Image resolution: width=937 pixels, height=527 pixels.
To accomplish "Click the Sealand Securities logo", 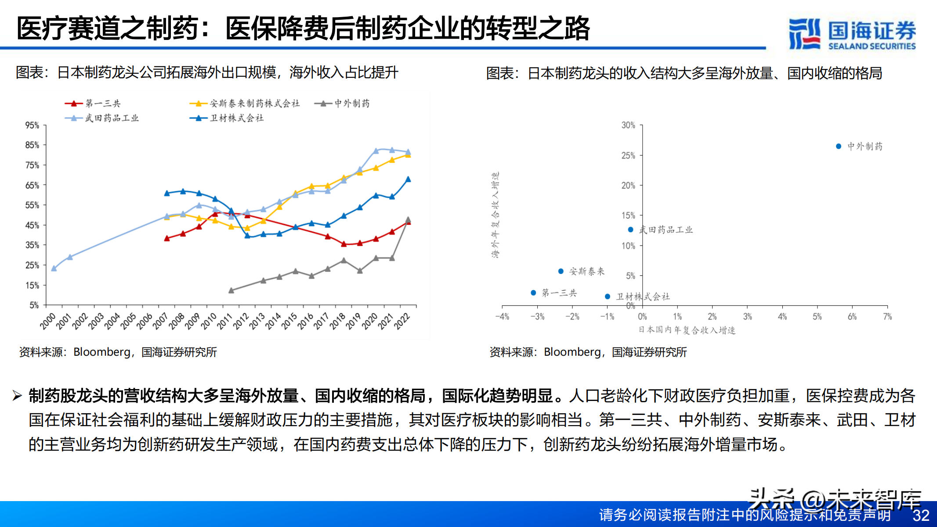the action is click(852, 33).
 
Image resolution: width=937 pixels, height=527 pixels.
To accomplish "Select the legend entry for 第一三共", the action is click(93, 104).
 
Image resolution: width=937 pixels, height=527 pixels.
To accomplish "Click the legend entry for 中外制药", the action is click(342, 104).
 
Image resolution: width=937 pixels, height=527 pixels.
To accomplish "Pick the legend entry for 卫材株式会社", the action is click(227, 118).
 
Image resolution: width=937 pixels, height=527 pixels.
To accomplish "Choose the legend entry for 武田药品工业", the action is click(102, 118).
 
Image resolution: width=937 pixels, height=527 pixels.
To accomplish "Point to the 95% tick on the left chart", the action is click(32, 125).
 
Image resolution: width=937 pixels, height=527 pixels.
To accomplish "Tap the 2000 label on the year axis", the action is click(48, 321).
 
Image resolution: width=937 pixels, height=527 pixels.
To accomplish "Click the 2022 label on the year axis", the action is click(402, 321).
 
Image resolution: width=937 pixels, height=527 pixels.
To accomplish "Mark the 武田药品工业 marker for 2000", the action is click(54, 268).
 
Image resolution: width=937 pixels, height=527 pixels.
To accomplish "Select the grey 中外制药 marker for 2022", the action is click(408, 219).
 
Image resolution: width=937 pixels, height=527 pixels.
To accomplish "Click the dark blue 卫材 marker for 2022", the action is click(408, 179).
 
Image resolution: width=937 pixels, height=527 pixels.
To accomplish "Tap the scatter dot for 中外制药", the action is click(839, 146).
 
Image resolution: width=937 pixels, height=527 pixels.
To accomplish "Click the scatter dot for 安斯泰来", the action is click(561, 271).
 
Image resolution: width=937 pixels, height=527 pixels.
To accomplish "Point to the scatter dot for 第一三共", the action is click(533, 292).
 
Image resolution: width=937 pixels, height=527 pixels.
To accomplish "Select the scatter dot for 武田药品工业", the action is click(631, 230).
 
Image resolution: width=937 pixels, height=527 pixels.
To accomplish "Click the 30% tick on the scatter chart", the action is click(628, 125).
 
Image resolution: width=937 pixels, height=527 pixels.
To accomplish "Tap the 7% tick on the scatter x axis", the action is click(887, 317).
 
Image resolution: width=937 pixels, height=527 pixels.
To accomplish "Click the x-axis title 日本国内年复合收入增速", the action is click(687, 330).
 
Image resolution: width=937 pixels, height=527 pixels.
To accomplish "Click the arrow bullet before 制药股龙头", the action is click(17, 396).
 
